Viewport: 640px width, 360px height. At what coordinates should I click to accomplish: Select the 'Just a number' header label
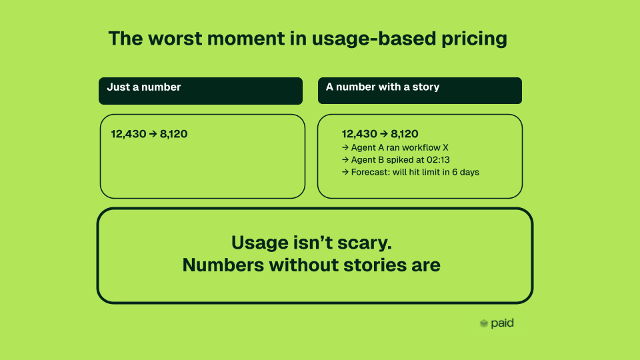[144, 87]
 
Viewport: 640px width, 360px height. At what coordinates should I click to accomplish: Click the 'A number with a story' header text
[383, 87]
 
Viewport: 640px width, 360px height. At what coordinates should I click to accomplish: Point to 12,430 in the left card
[129, 134]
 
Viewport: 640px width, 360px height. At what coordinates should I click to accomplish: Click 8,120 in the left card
[173, 134]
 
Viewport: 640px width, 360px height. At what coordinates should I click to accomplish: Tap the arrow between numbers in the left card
[153, 134]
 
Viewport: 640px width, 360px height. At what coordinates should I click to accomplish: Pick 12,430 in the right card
[359, 134]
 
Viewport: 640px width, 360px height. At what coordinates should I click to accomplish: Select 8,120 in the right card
[405, 134]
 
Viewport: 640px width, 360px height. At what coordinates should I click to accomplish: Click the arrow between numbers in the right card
[384, 134]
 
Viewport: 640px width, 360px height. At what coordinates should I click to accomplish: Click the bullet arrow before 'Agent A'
[345, 148]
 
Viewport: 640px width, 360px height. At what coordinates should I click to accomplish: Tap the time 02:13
[438, 159]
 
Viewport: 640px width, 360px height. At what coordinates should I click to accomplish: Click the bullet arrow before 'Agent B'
[345, 160]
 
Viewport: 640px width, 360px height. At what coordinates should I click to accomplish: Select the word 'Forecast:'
[370, 172]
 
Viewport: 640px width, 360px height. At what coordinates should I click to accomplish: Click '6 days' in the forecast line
[466, 172]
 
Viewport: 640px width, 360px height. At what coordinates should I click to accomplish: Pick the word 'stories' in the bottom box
[375, 265]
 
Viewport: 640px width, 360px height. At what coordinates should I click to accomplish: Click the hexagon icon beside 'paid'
[484, 324]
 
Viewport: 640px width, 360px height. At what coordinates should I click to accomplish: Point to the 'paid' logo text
[502, 323]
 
